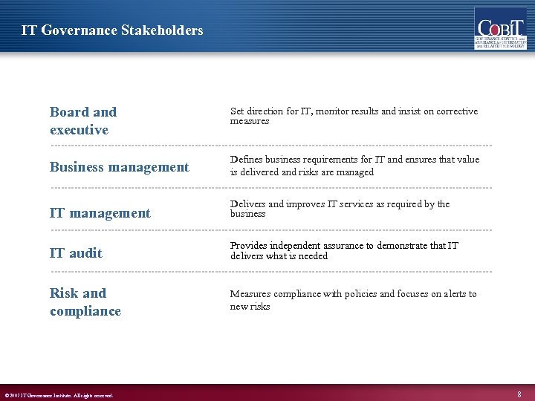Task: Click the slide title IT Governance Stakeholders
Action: click(x=112, y=30)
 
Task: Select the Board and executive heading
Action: click(x=83, y=121)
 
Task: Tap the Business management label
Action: click(x=120, y=167)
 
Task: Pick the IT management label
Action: click(x=100, y=213)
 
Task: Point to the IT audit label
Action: click(x=76, y=253)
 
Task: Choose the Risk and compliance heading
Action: click(x=85, y=302)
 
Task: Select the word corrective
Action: click(x=454, y=111)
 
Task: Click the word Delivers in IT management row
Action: click(x=247, y=204)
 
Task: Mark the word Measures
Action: click(x=250, y=294)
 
